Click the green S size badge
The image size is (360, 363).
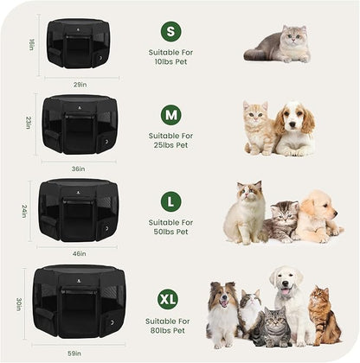pos(170,31)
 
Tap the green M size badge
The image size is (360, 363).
pos(170,114)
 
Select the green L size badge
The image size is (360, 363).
pos(170,201)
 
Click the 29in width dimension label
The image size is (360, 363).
pos(79,84)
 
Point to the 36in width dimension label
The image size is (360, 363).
pos(79,168)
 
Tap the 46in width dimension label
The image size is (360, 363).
pos(79,253)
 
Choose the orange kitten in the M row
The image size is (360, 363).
pos(259,129)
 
